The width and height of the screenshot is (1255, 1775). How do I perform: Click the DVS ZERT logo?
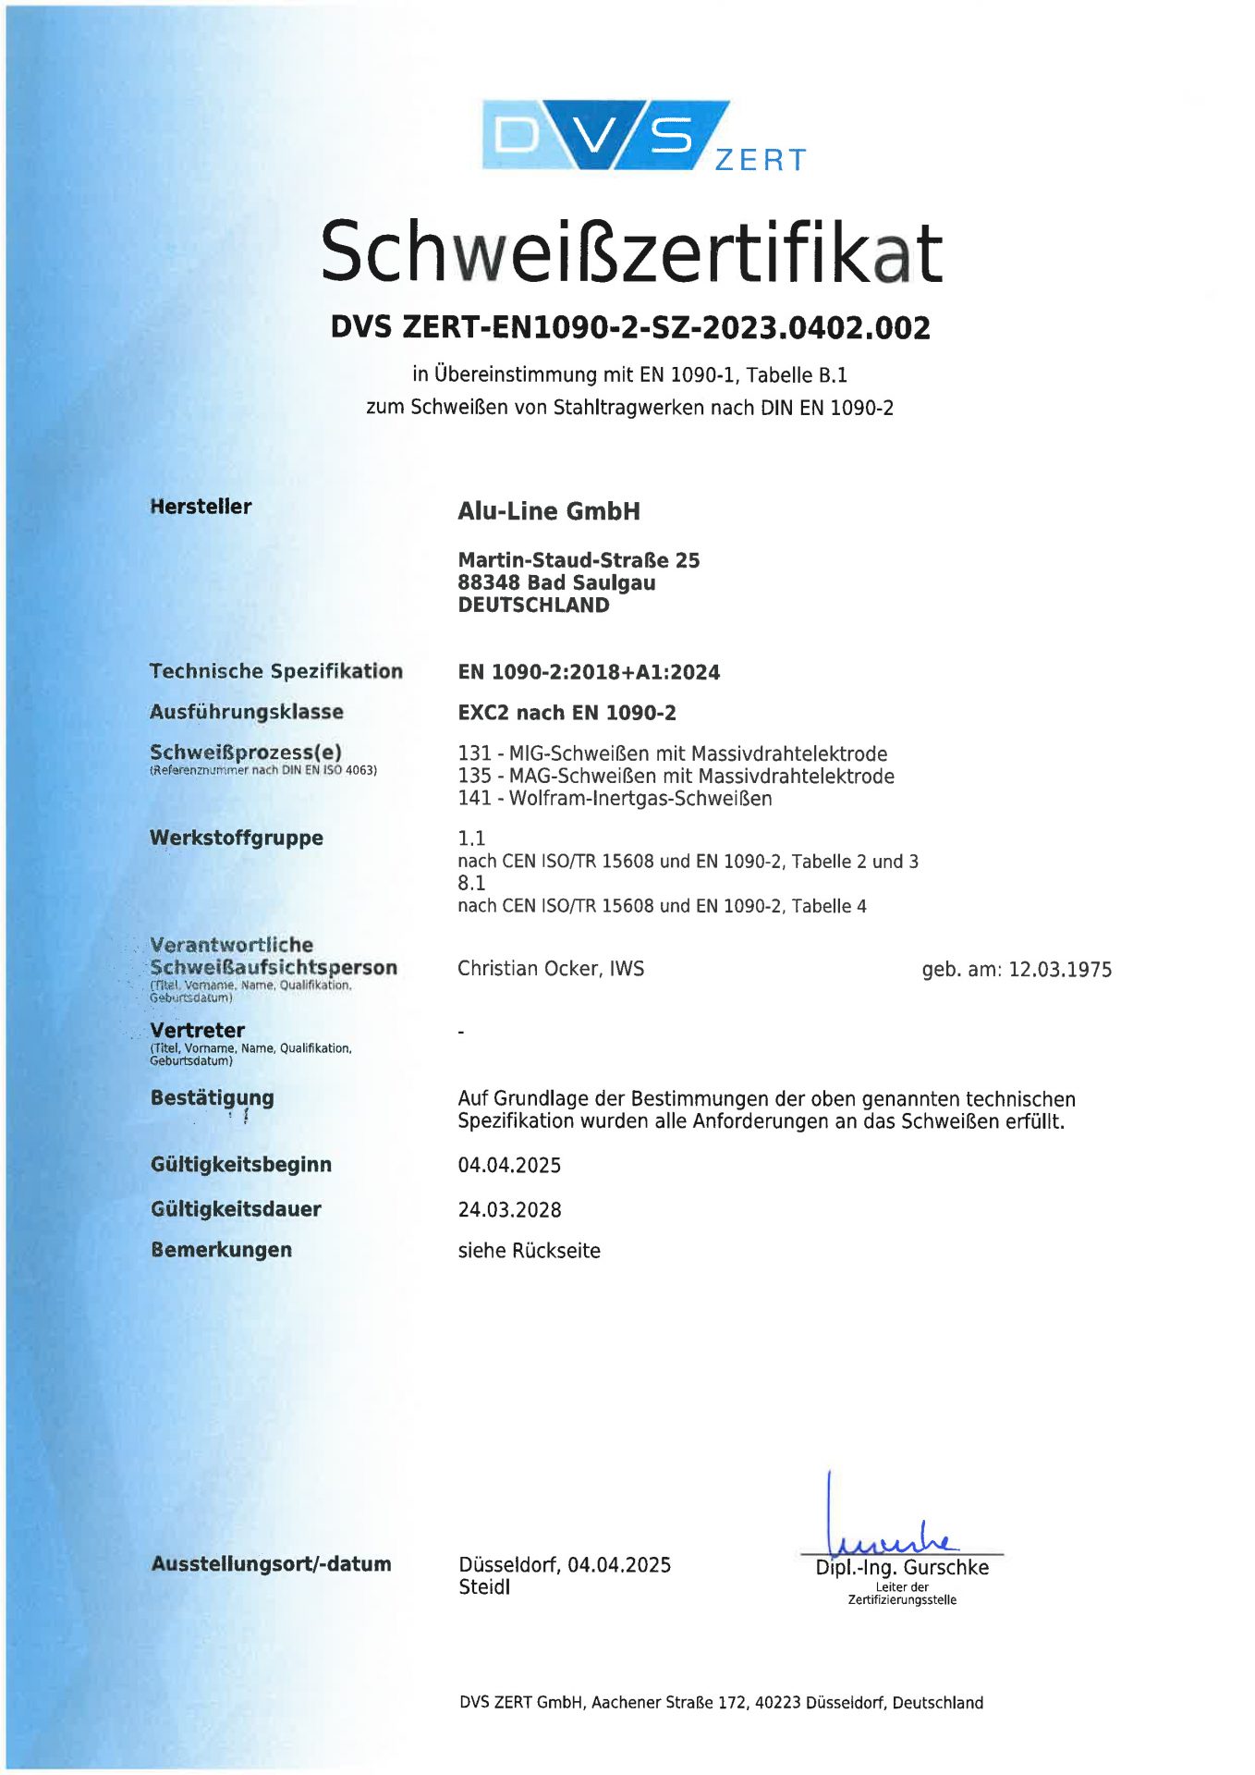pyautogui.click(x=643, y=136)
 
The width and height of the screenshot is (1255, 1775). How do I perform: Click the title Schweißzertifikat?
pyautogui.click(x=630, y=251)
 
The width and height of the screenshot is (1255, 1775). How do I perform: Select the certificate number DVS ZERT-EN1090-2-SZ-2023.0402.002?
pyautogui.click(x=630, y=327)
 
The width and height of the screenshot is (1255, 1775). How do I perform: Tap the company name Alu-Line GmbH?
pyautogui.click(x=549, y=511)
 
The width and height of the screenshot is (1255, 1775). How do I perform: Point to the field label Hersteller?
pyautogui.click(x=201, y=507)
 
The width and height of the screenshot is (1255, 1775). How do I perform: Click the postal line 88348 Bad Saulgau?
pyautogui.click(x=556, y=582)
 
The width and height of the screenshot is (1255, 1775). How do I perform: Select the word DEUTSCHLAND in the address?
pyautogui.click(x=533, y=606)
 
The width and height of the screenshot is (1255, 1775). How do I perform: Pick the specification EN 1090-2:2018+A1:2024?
pyautogui.click(x=589, y=672)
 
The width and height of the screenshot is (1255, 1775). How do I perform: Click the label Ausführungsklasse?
pyautogui.click(x=247, y=712)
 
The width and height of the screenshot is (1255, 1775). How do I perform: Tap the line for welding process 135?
pyautogui.click(x=676, y=776)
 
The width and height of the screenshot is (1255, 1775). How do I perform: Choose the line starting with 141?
pyautogui.click(x=615, y=798)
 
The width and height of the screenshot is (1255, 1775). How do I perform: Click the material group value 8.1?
pyautogui.click(x=471, y=883)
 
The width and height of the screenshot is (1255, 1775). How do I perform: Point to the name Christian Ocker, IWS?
pyautogui.click(x=551, y=968)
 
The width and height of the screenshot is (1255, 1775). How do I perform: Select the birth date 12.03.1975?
pyautogui.click(x=1060, y=970)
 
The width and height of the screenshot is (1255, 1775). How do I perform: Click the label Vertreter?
pyautogui.click(x=198, y=1030)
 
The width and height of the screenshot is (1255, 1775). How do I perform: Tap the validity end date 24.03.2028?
pyautogui.click(x=509, y=1209)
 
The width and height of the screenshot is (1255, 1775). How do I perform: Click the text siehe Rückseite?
pyautogui.click(x=529, y=1250)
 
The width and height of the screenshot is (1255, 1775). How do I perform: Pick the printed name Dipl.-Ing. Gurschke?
pyautogui.click(x=902, y=1567)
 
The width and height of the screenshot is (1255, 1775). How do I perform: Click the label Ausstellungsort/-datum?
pyautogui.click(x=272, y=1563)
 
